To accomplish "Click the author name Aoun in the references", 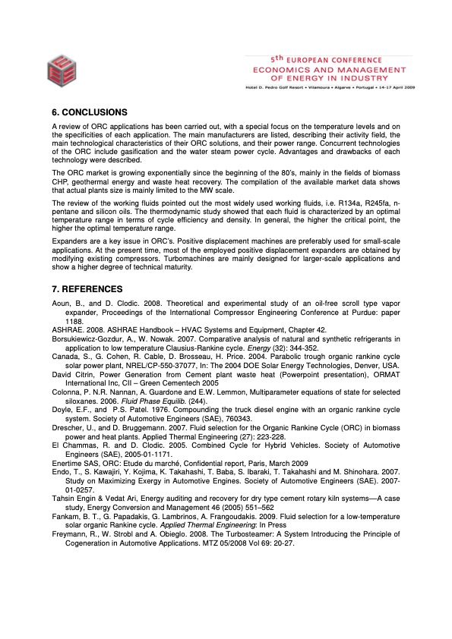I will click(x=60, y=304).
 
